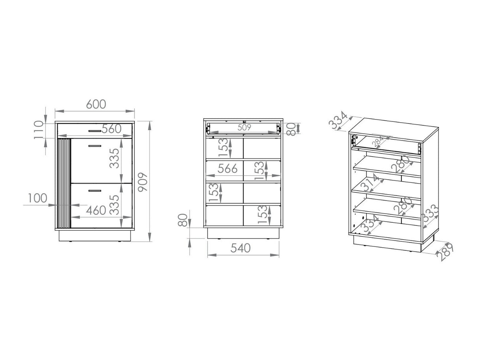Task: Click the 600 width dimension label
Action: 96,104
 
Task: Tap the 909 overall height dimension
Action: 143,182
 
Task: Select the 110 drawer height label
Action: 39,130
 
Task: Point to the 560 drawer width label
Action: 111,129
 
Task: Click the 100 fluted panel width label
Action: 38,198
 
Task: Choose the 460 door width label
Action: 96,210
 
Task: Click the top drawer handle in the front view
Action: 94,131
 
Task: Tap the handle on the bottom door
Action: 94,191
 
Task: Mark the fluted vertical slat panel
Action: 64,184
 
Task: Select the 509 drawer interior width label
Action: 244,127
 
